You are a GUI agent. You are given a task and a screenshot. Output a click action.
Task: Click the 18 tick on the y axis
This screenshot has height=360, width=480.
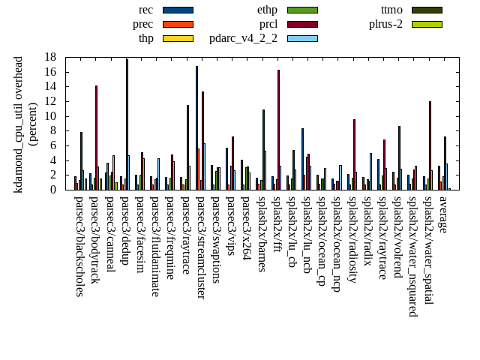(x=51, y=57)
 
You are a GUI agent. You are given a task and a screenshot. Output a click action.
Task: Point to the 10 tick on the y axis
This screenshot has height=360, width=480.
(x=51, y=116)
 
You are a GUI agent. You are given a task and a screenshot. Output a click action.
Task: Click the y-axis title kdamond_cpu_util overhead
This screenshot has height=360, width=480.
(x=19, y=124)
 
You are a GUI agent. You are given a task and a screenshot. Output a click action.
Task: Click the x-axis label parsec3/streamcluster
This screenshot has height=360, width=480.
(x=200, y=248)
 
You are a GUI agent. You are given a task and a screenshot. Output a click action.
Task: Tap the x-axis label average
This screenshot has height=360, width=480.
(x=442, y=214)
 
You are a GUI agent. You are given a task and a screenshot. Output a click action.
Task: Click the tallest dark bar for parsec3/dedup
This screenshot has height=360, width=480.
(x=127, y=124)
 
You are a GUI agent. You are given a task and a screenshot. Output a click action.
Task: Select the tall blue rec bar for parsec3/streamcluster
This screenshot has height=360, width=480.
(x=197, y=127)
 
